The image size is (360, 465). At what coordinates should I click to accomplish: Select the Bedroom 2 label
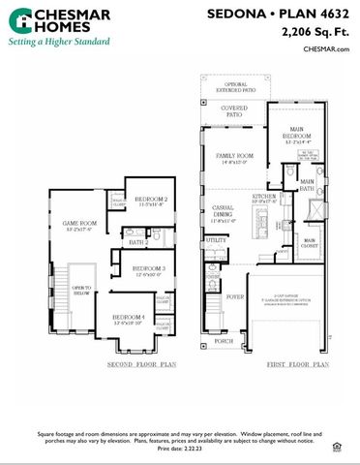tap(152, 201)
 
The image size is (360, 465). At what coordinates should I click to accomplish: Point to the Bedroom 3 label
tap(149, 268)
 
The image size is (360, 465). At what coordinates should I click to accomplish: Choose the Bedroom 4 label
tap(129, 319)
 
